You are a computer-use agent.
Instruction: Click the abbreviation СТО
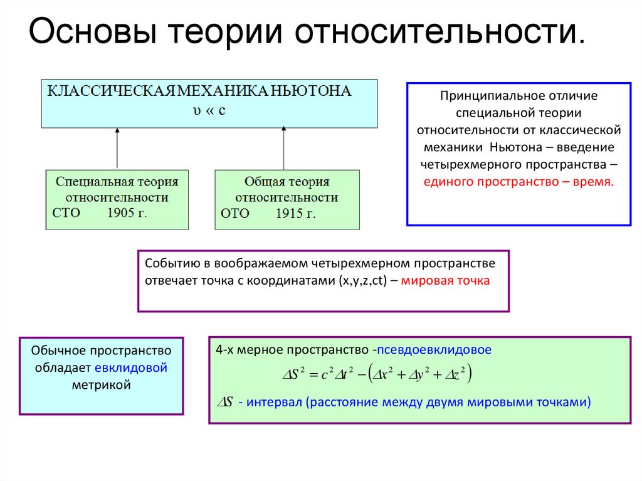click(x=68, y=213)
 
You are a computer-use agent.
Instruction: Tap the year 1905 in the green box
click(x=121, y=213)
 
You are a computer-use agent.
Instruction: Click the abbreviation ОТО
click(x=235, y=214)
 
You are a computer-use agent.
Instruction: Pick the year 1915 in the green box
click(x=289, y=214)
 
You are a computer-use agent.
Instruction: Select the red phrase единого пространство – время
click(x=519, y=181)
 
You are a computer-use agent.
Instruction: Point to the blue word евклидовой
click(x=132, y=367)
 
